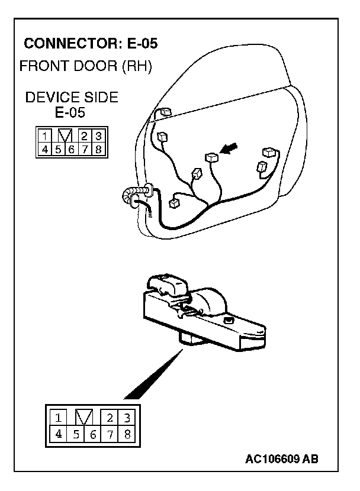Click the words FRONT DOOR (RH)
click(86, 66)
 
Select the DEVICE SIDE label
click(71, 98)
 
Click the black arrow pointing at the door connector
click(229, 148)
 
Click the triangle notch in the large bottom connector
click(85, 417)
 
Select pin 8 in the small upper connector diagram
click(98, 148)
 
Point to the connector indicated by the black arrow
click(211, 157)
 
